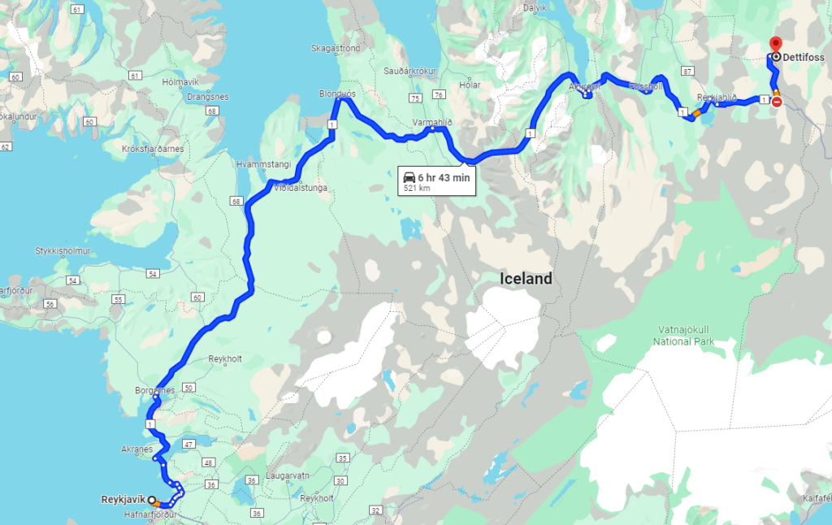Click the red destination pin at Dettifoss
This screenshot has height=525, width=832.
coord(775,44)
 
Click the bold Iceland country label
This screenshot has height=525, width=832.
coord(526,279)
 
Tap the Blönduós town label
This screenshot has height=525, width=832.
coord(338,93)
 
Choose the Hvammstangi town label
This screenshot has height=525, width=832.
coord(262,163)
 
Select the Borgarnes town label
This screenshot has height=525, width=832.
coord(155,390)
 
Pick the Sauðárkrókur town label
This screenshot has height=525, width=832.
coord(411,71)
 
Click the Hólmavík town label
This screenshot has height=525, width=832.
coord(180,82)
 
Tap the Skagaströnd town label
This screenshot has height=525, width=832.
coord(335,48)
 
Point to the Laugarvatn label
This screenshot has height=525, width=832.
coord(290,475)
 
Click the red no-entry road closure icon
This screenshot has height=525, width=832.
coord(777,102)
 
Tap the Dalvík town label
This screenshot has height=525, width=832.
coord(535,7)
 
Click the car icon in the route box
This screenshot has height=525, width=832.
coord(409,178)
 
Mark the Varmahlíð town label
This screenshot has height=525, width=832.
coord(431,122)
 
